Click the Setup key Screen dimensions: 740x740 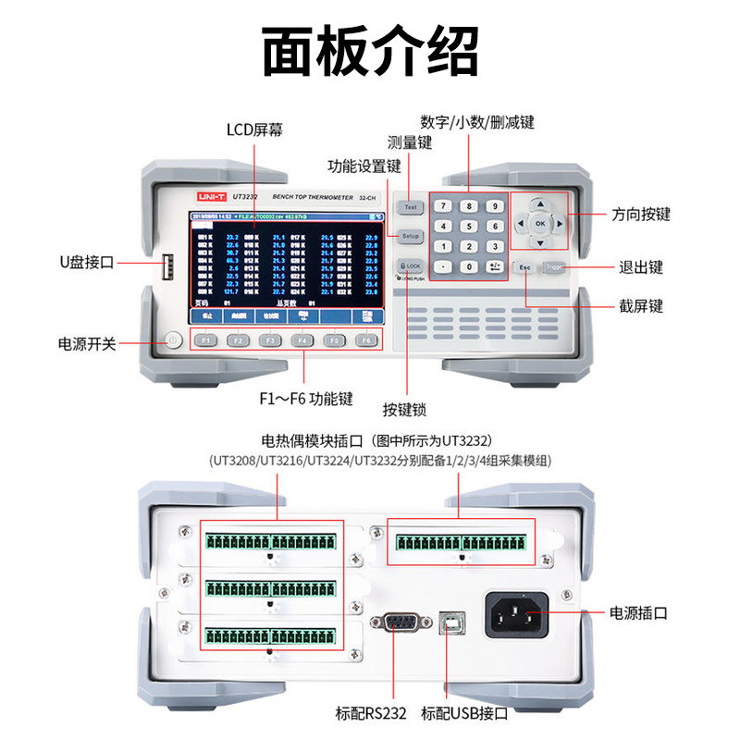tap(411, 237)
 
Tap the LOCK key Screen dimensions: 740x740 tap(410, 266)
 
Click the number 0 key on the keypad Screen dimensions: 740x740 tap(470, 267)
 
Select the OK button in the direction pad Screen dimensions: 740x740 tap(540, 224)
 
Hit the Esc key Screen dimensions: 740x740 tap(525, 267)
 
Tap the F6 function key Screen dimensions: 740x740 tap(367, 339)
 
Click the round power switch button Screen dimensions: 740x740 tap(172, 340)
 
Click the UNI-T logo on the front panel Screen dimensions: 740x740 tap(203, 198)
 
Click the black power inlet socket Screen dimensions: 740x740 tap(517, 612)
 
